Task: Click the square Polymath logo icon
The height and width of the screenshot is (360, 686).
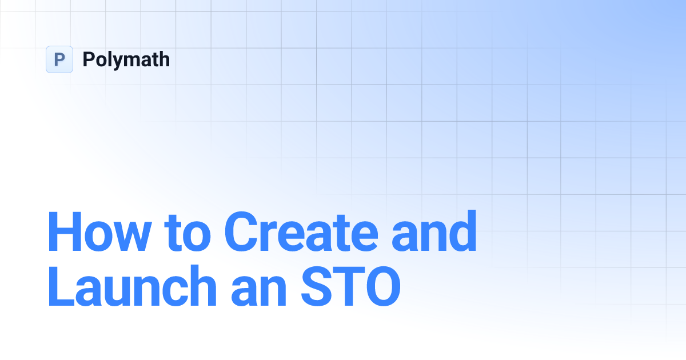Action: click(x=59, y=59)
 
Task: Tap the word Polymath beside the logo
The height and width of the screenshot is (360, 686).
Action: click(x=126, y=59)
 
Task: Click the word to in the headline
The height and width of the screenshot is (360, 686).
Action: click(x=188, y=233)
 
